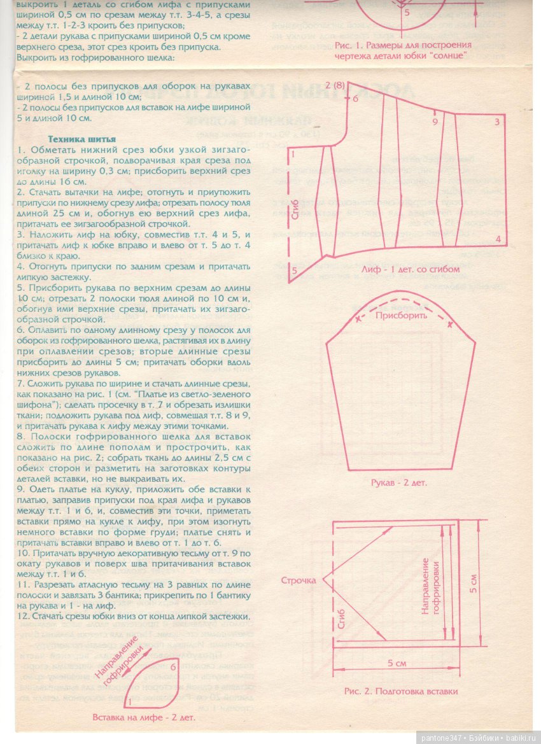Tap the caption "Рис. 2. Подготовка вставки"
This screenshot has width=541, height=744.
(400, 691)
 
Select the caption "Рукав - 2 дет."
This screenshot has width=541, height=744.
(400, 482)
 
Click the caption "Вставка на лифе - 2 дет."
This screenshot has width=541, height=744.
(144, 716)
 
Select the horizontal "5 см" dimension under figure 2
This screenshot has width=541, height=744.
(397, 665)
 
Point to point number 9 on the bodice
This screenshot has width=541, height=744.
(435, 121)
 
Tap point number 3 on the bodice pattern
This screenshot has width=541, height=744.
(496, 121)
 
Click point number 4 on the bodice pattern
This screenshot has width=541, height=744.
(497, 239)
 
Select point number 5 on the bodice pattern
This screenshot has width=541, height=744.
(294, 270)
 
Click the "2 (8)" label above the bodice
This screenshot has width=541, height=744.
(334, 85)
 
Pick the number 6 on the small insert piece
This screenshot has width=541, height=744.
(173, 666)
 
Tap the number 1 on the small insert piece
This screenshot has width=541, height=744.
(130, 701)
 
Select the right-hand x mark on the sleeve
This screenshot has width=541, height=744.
(451, 325)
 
